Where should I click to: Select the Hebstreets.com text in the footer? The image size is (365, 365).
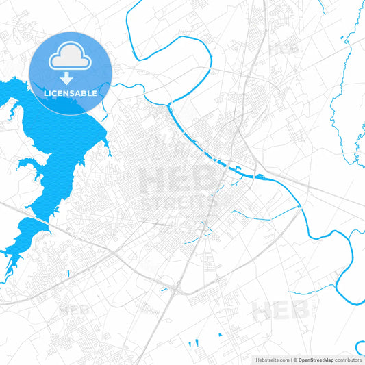tap(270, 359)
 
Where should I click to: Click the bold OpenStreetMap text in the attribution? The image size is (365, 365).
tap(316, 359)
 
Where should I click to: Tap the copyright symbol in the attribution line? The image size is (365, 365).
tap(294, 359)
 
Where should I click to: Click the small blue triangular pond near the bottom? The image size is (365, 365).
tap(220, 334)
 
